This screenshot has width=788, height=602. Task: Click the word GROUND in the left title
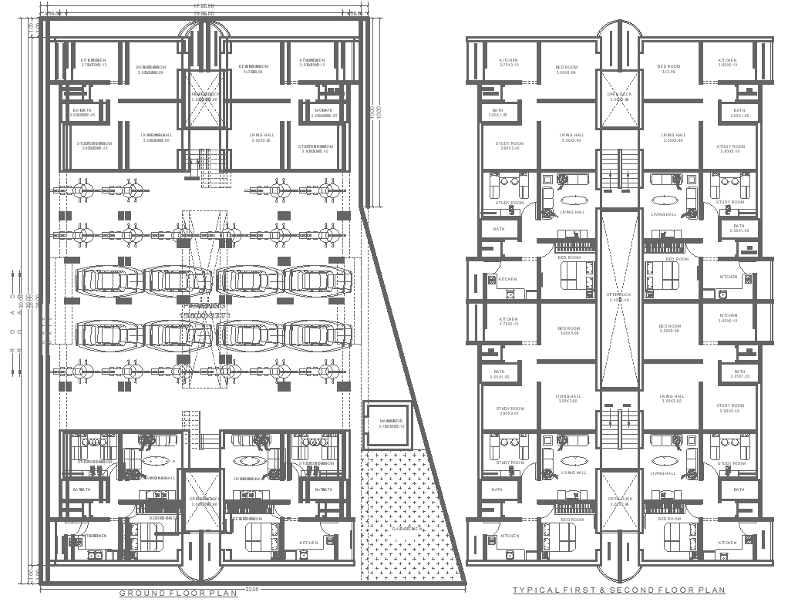pos(140,593)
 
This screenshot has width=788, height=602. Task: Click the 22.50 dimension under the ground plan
pos(251,590)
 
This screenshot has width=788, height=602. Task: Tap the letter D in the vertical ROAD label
pos(11,296)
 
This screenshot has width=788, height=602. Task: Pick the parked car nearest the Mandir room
pos(318,335)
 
